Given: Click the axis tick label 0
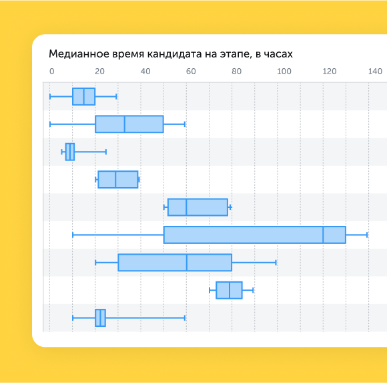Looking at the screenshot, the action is [x=51, y=72].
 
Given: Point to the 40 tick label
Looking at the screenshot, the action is [x=145, y=72].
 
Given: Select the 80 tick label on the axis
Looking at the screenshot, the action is [x=236, y=72].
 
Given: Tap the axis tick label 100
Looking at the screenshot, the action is [x=284, y=72].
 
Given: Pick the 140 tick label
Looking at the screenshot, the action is [x=375, y=72].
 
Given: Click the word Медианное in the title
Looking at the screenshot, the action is [x=79, y=54].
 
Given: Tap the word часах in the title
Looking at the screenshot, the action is [x=278, y=54].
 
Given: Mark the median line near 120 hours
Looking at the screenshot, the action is [x=323, y=235].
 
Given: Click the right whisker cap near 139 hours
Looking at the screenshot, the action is [x=367, y=235].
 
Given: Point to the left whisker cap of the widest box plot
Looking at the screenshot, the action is [x=73, y=235].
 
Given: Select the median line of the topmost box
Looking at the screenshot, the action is [x=84, y=96].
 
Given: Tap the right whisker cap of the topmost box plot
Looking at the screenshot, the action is [x=116, y=96].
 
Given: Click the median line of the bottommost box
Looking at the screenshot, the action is [x=101, y=318].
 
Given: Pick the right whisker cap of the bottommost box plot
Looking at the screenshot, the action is [x=185, y=318].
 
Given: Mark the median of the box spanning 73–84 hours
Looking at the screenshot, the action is [x=230, y=290].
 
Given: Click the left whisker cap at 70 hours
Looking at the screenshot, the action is [x=210, y=290].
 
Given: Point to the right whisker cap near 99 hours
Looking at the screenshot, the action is [x=276, y=263].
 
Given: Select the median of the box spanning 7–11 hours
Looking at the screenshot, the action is [x=70, y=152].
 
